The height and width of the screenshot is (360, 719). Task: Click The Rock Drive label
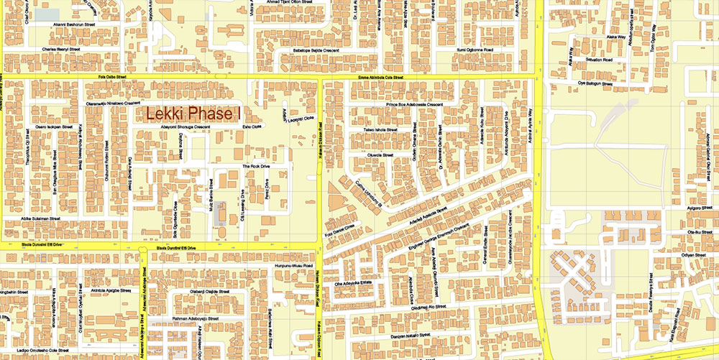pos(255,166)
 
